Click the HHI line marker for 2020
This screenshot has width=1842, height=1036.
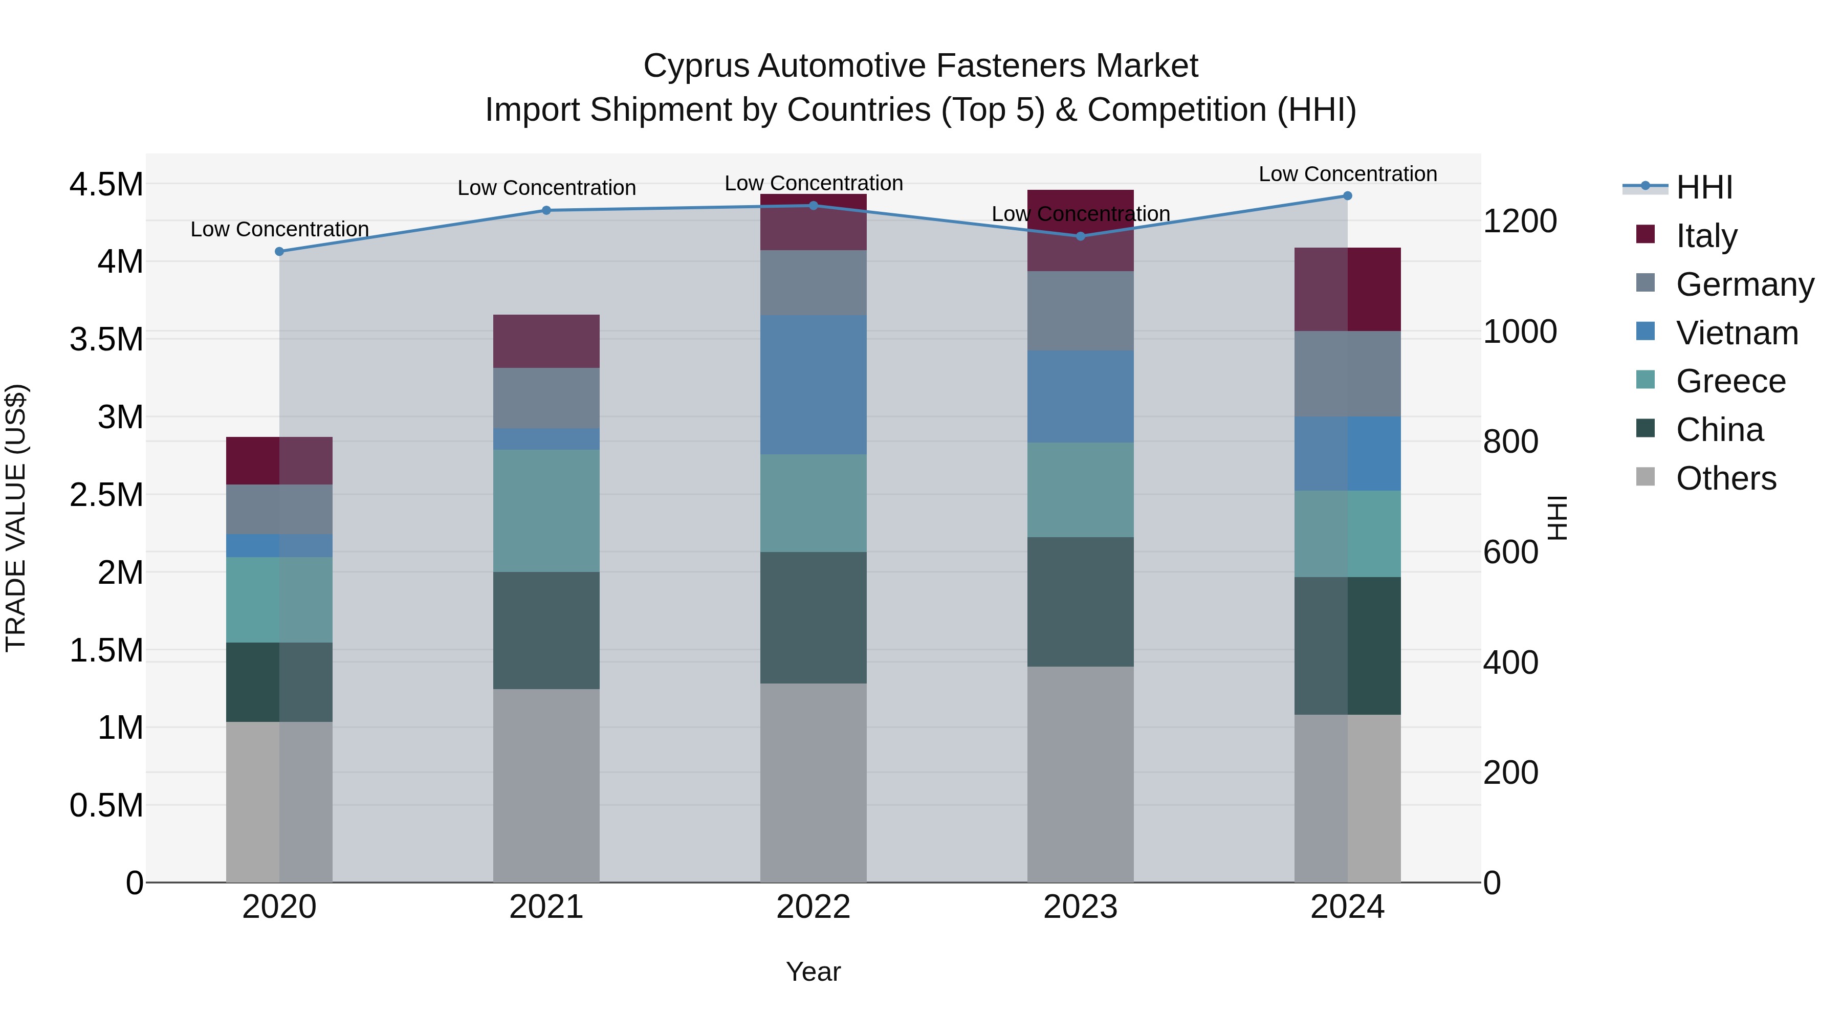tap(279, 252)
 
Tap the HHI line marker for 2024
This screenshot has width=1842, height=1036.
tap(1347, 196)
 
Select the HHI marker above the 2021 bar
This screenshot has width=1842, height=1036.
tap(546, 210)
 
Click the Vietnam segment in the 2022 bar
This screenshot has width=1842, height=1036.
tap(813, 385)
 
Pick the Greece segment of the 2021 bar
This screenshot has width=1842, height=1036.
tap(546, 511)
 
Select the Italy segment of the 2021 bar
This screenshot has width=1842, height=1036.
tap(546, 341)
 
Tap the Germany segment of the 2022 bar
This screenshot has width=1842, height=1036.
tap(813, 282)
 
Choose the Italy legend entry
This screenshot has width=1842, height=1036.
tap(1706, 236)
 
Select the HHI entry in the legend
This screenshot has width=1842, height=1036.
tap(1703, 187)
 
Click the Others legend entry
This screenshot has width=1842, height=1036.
tap(1725, 478)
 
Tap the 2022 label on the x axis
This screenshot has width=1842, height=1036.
tap(813, 907)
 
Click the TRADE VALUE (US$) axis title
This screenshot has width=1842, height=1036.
tap(16, 518)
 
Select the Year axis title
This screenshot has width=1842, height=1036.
tap(813, 972)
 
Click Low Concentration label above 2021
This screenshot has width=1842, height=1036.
tap(546, 188)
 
